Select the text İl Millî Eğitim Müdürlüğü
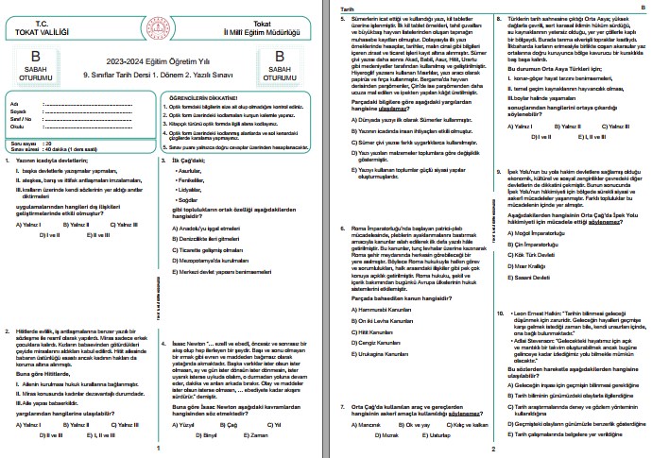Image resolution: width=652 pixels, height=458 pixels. pyautogui.click(x=278, y=26)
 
